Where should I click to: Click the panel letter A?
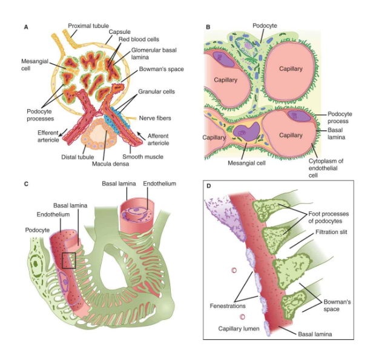click(x=25, y=27)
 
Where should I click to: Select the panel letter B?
click(x=208, y=27)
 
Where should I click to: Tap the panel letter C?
click(x=25, y=183)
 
